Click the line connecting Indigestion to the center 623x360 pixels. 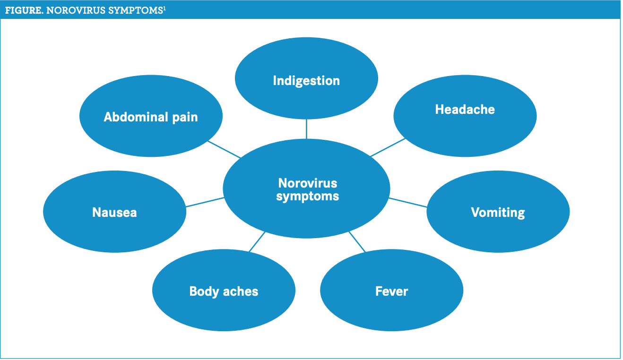click(306, 129)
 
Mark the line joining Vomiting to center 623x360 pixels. click(407, 202)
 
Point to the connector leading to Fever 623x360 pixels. click(357, 242)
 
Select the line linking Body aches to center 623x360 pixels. click(257, 242)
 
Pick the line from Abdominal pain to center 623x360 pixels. click(224, 149)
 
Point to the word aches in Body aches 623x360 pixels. click(241, 291)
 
